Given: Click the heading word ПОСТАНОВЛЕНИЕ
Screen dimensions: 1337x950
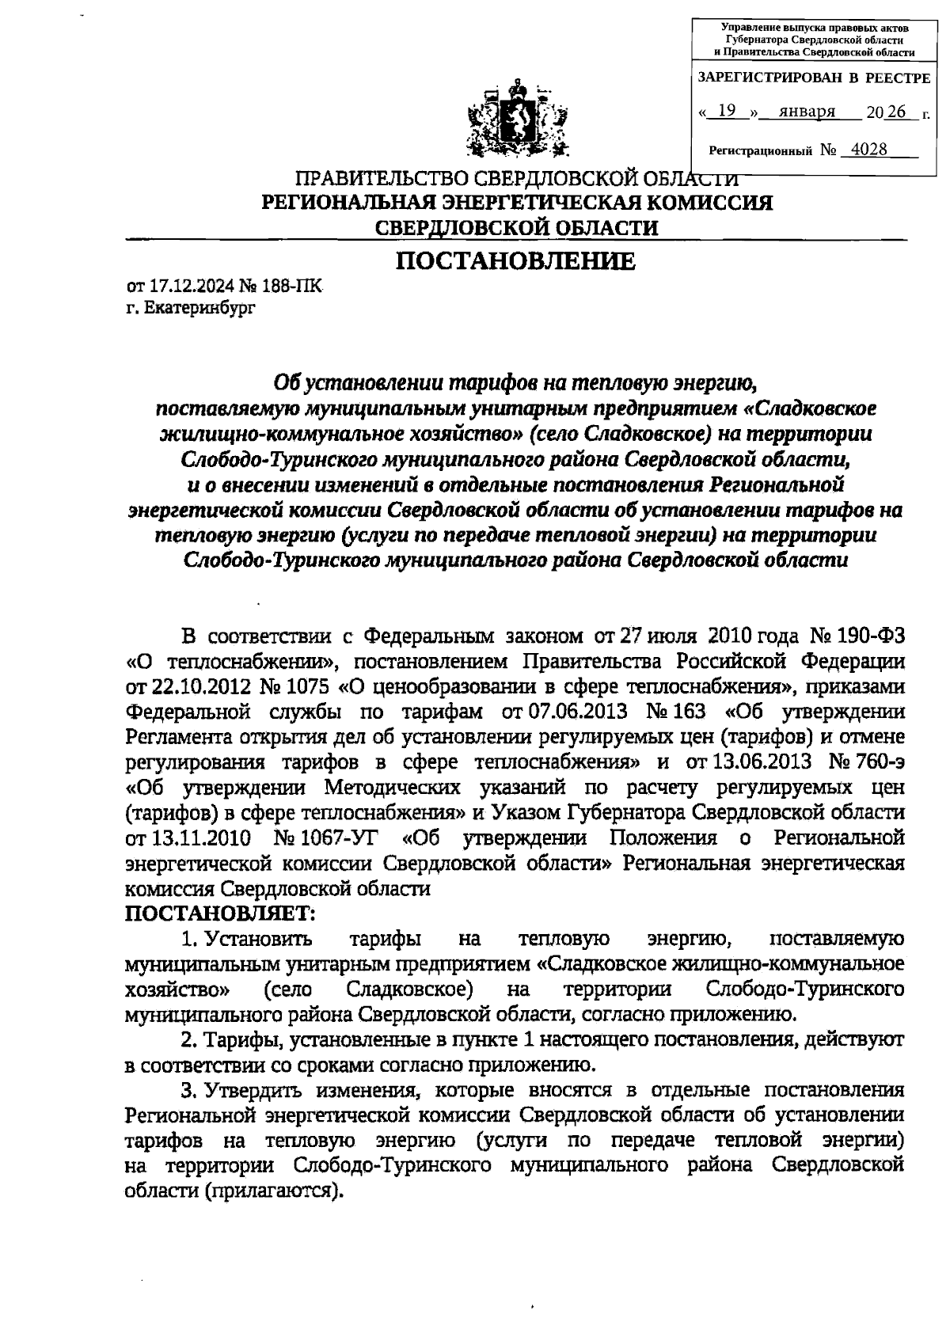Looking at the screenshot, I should tap(515, 261).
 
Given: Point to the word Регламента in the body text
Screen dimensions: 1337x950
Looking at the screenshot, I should tap(187, 736).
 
